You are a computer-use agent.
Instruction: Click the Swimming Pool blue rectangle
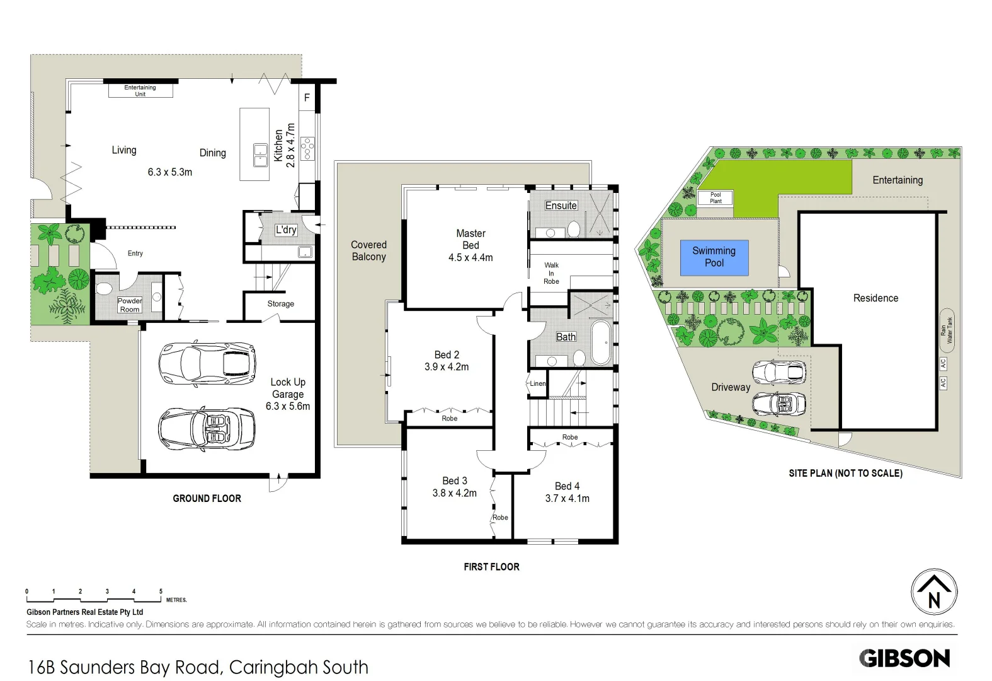[714, 257]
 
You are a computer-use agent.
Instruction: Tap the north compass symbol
[934, 591]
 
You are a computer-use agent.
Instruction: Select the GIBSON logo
[904, 658]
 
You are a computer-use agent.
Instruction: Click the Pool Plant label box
[715, 198]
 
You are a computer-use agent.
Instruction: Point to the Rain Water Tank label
[947, 330]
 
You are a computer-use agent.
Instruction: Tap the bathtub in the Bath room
[600, 343]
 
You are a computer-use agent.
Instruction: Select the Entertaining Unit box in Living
[140, 91]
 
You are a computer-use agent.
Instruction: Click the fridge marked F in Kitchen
[307, 98]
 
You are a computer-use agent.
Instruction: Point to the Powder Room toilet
[104, 289]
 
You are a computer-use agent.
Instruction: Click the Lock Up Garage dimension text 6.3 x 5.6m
[288, 406]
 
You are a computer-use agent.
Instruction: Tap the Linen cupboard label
[538, 383]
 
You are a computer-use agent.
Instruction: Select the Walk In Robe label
[551, 273]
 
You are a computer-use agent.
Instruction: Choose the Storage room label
[280, 304]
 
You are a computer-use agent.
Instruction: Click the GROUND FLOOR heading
[207, 498]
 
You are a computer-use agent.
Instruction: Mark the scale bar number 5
[161, 591]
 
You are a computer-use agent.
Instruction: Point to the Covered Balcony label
[368, 250]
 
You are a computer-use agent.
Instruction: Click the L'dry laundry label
[286, 230]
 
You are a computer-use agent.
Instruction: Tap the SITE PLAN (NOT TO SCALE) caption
[845, 473]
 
